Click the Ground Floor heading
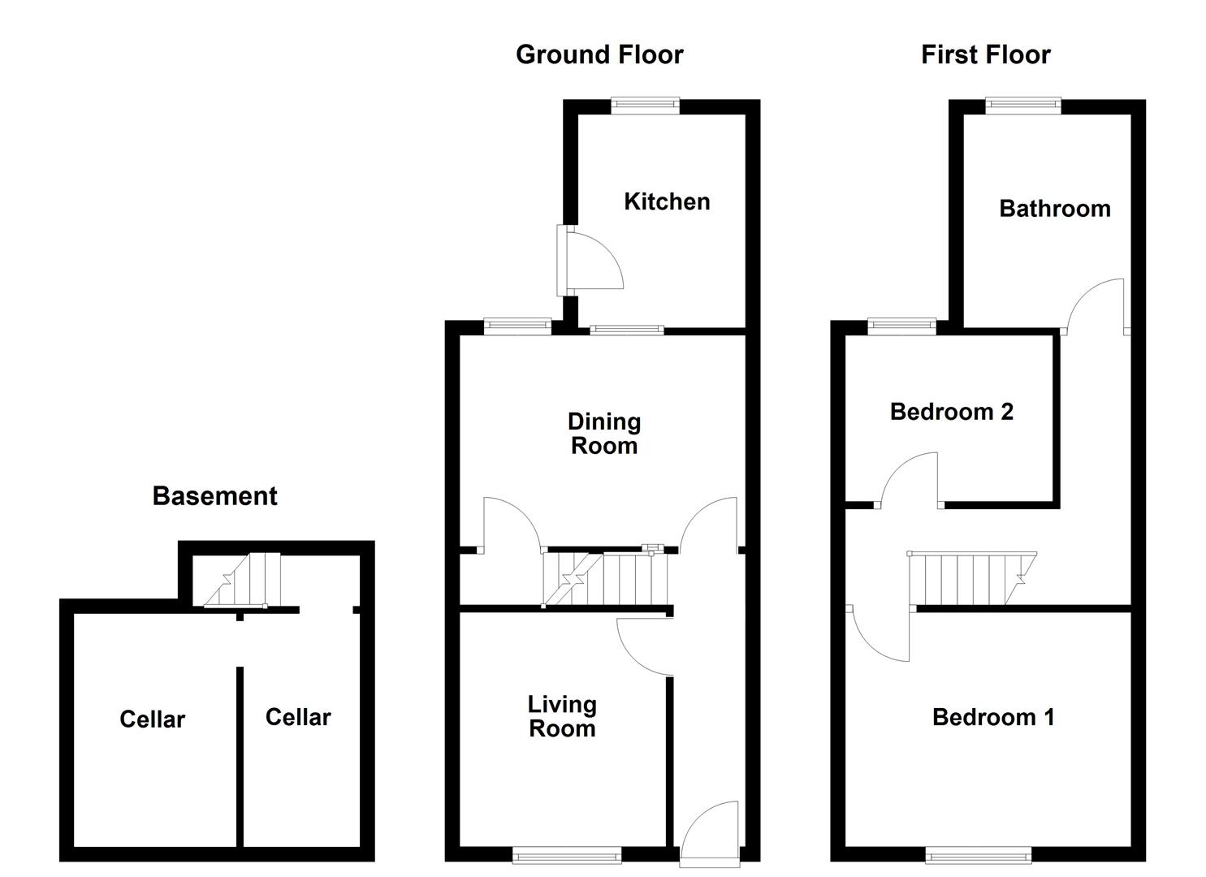click(x=599, y=54)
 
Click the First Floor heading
click(x=985, y=54)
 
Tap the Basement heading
click(x=214, y=495)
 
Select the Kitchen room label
click(x=667, y=201)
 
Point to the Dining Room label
click(x=603, y=434)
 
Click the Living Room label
click(x=562, y=716)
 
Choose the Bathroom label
click(x=1054, y=209)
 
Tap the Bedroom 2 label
click(x=951, y=412)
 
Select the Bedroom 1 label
click(x=992, y=717)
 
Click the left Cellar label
click(x=152, y=719)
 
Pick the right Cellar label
click(x=298, y=717)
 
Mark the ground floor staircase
click(x=606, y=579)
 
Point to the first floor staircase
click(x=971, y=579)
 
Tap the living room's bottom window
click(x=567, y=853)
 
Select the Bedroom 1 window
click(x=978, y=853)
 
